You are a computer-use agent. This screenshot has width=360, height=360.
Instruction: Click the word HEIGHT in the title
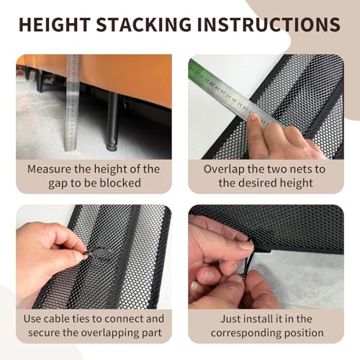click(x=55, y=24)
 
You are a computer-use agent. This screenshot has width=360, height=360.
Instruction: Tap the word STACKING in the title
click(x=144, y=24)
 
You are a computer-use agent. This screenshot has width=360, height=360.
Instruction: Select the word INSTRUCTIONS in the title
click(x=269, y=24)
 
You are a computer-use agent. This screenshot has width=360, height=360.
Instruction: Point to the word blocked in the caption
click(x=120, y=183)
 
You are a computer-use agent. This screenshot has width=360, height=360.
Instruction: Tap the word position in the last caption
click(x=304, y=333)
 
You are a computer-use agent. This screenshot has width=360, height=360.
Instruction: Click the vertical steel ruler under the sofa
click(x=73, y=103)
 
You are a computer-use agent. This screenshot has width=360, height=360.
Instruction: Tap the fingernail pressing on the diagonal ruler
click(x=253, y=117)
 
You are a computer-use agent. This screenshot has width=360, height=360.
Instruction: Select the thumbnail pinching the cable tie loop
click(x=78, y=256)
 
